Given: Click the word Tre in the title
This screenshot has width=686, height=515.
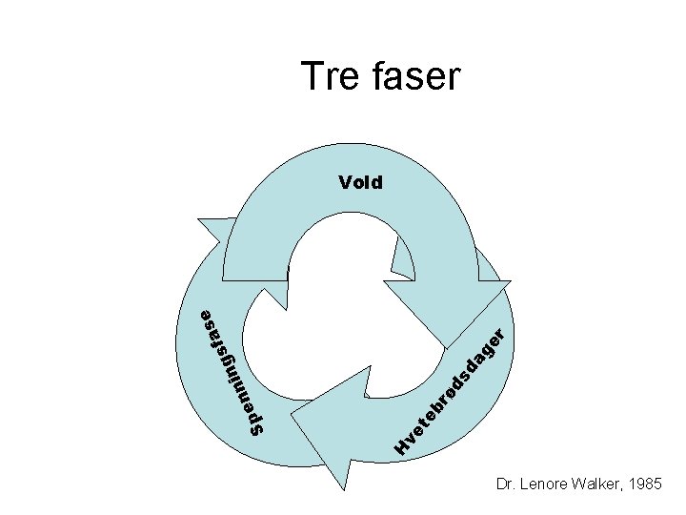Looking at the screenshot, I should tap(329, 75).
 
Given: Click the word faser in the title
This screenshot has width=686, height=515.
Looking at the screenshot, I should tap(411, 75).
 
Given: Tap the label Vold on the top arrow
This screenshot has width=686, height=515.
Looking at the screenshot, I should tap(360, 181).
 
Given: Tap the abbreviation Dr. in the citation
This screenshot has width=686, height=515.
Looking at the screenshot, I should tap(506, 485).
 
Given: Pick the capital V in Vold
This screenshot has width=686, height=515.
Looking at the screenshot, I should tap(344, 181).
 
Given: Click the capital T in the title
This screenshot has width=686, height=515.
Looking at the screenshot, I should tap(312, 75).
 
